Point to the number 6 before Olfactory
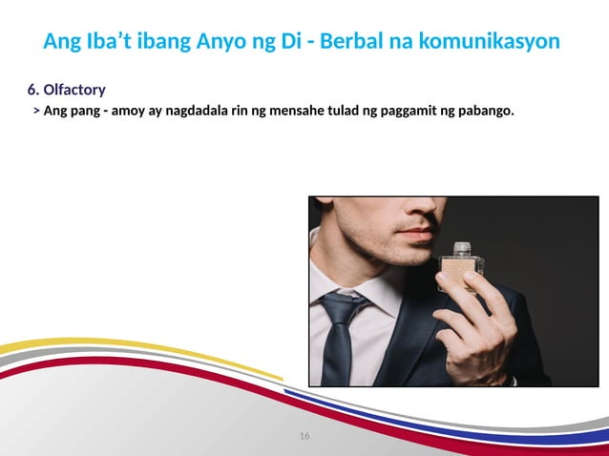coord(31,91)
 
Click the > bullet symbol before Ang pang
coord(35,112)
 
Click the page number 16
coord(304,436)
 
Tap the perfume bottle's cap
coord(462,249)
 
